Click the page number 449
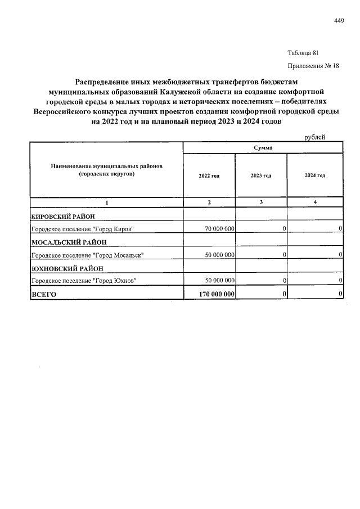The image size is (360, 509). [x=339, y=21]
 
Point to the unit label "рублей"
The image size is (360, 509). [x=314, y=137]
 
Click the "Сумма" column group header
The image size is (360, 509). [x=263, y=147]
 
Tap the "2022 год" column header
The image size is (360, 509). [x=209, y=175]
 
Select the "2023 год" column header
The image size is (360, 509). [x=261, y=175]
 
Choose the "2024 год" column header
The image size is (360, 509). [x=315, y=175]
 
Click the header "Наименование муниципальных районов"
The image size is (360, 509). [x=106, y=167]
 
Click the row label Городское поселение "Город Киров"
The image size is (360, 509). [x=83, y=229]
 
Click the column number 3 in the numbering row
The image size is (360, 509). [x=261, y=202]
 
